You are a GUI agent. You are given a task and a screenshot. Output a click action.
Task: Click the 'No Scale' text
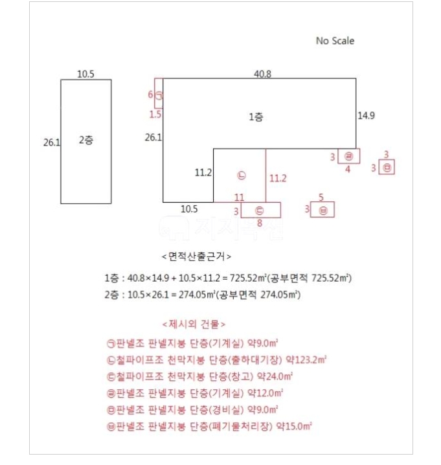335,41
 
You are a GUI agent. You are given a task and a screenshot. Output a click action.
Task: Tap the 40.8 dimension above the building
262,74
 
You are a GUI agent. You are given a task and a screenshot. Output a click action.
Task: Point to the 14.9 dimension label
367,115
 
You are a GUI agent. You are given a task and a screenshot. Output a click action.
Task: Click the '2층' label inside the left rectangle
85,140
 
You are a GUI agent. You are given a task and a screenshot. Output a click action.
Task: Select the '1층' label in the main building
256,117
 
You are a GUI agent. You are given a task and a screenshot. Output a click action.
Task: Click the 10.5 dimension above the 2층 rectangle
85,74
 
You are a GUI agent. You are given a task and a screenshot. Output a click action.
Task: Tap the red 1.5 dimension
155,115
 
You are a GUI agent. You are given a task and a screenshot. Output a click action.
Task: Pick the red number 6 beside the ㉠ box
151,95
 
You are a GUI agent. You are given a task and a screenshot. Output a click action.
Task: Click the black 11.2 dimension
203,174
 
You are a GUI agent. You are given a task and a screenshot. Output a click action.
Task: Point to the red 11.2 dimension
277,177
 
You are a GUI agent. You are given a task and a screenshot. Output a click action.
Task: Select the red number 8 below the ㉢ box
259,223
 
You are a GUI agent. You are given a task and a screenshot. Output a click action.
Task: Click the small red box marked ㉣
349,156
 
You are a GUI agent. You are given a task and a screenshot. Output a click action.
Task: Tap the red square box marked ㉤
387,167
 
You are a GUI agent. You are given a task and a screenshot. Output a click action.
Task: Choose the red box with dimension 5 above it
322,210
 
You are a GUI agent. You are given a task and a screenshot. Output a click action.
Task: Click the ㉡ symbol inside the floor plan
241,175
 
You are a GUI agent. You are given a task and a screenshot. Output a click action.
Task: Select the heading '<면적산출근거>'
196,255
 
